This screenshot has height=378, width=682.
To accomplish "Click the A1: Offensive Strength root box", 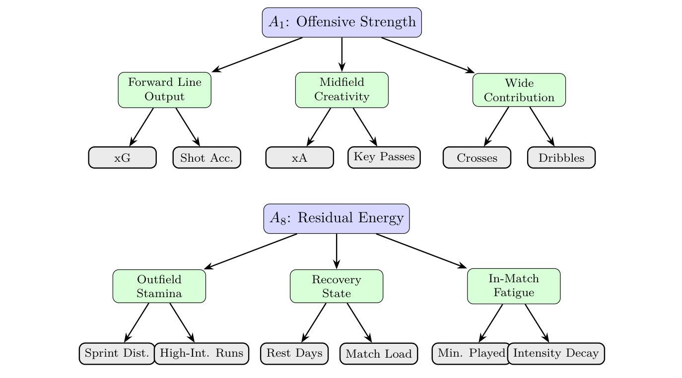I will [x=342, y=22].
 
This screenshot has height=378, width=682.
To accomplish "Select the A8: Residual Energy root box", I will [x=337, y=218].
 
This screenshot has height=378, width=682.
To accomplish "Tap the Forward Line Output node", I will [x=165, y=90].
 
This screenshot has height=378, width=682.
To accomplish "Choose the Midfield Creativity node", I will [x=342, y=90].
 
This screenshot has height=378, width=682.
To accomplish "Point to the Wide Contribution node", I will [x=519, y=90].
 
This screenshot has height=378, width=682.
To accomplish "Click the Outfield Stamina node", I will [x=159, y=286].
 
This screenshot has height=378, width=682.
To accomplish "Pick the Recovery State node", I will [x=337, y=286].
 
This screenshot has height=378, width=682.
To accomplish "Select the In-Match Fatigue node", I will [x=514, y=286].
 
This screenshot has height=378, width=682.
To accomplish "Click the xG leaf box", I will [x=123, y=158].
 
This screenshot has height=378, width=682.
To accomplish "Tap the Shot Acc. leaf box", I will [x=207, y=158].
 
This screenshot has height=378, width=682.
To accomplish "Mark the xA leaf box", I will [x=300, y=158].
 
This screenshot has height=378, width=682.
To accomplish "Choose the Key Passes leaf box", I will [x=384, y=157].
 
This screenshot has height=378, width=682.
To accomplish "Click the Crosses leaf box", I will [x=477, y=158].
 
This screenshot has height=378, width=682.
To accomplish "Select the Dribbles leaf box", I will [x=561, y=158].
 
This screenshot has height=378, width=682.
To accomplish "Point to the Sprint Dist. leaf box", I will [x=117, y=354].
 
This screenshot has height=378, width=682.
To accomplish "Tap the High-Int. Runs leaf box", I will [x=202, y=354].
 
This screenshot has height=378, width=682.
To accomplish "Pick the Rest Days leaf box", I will [x=294, y=354].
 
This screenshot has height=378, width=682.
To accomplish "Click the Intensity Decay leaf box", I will [x=556, y=354].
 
